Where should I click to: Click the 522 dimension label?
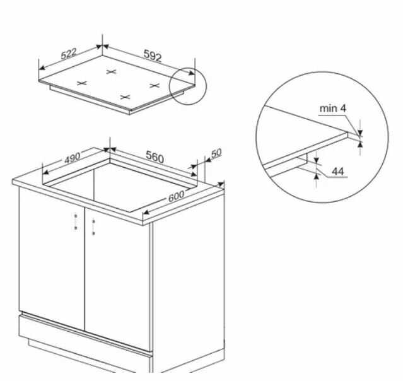coord(69,54)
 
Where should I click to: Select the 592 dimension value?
coord(153,56)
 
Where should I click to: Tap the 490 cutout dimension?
coord(73,158)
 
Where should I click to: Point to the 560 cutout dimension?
coord(155,156)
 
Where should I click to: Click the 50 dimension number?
coord(216,153)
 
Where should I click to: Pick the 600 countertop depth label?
coord(177,196)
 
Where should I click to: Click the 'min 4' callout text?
coord(332,108)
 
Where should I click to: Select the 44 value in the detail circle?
coord(337,171)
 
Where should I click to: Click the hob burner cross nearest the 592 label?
coord(111,72)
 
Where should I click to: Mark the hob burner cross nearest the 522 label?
coord(82,83)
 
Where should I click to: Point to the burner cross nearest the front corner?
coord(125,97)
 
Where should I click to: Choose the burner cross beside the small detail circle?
coord(155,85)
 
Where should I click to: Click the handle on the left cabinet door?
coord(76,222)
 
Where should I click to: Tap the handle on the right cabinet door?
coord(93,227)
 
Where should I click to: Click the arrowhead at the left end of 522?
coord(42,67)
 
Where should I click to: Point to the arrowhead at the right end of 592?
coord(192,73)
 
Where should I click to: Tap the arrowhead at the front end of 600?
coord(146,213)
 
